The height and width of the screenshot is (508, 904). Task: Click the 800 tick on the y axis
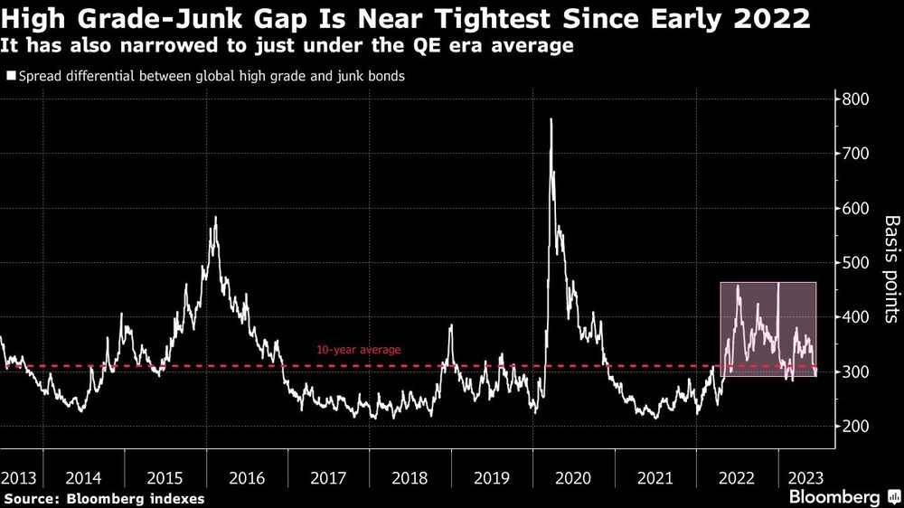click(x=855, y=99)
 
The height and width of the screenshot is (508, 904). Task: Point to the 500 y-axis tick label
click(x=855, y=263)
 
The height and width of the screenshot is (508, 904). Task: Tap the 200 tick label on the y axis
click(x=855, y=427)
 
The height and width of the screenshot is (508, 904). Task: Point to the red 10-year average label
click(x=358, y=350)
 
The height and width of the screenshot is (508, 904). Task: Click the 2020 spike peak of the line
click(x=551, y=119)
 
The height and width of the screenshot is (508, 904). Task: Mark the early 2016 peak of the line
click(x=215, y=218)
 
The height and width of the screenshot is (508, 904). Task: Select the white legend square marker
click(x=11, y=77)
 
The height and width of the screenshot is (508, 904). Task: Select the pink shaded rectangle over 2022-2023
click(x=768, y=329)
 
